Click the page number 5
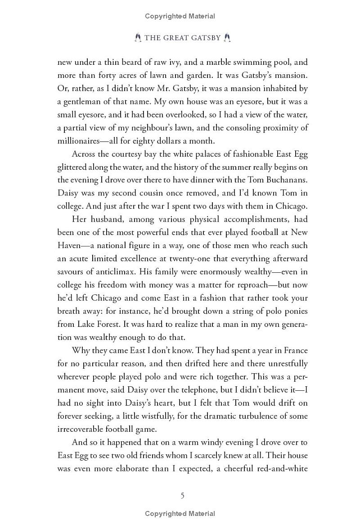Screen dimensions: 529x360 tap(182, 496)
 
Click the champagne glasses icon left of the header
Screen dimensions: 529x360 tap(138, 38)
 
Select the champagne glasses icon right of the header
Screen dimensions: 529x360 tap(227, 38)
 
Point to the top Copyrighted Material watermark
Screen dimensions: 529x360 tap(180, 16)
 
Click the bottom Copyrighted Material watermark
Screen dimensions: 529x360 tap(180, 514)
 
